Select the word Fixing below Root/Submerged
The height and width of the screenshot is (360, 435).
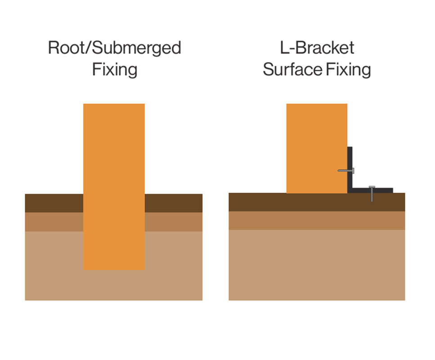pos(114,70)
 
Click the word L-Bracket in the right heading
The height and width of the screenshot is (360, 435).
pos(317,48)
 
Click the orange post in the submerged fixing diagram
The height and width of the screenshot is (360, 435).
pos(114,180)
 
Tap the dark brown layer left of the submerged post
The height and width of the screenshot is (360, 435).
pos(54,203)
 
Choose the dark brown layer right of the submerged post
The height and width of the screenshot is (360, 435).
pos(174,203)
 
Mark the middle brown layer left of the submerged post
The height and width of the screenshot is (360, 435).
pos(54,222)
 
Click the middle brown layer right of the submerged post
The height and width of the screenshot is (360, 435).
pos(174,222)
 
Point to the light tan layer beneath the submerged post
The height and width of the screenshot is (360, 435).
pos(114,286)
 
